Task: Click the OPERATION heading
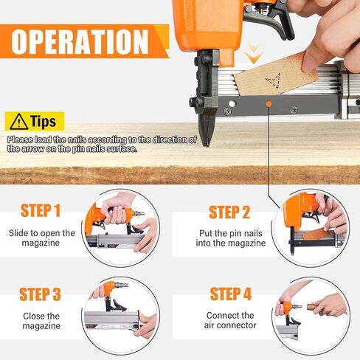click(x=80, y=41)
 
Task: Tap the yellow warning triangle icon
click(x=19, y=122)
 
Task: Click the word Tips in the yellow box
click(x=44, y=122)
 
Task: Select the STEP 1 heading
click(x=41, y=210)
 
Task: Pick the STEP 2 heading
click(x=229, y=212)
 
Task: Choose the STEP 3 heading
click(x=40, y=294)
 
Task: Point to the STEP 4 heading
click(x=231, y=294)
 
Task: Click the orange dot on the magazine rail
click(x=269, y=104)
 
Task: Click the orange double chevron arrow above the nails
click(x=254, y=54)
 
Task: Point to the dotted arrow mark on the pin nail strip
click(x=274, y=80)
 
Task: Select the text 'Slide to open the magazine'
click(x=41, y=238)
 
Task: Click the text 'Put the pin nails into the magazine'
click(x=231, y=238)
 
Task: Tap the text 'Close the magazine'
click(x=41, y=321)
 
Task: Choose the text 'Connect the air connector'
click(x=230, y=320)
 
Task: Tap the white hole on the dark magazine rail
click(x=232, y=103)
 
